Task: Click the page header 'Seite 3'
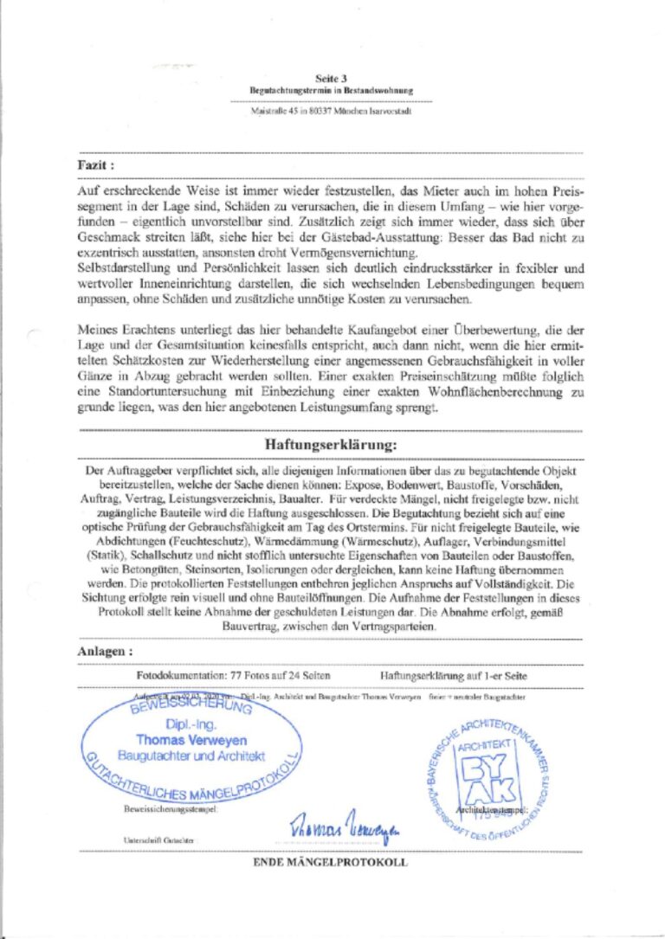click(332, 78)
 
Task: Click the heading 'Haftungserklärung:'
click(330, 444)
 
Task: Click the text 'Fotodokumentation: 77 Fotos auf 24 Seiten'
click(233, 675)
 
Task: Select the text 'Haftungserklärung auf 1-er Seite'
click(453, 675)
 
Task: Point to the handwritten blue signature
click(344, 826)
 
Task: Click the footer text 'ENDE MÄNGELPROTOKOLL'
click(330, 863)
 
